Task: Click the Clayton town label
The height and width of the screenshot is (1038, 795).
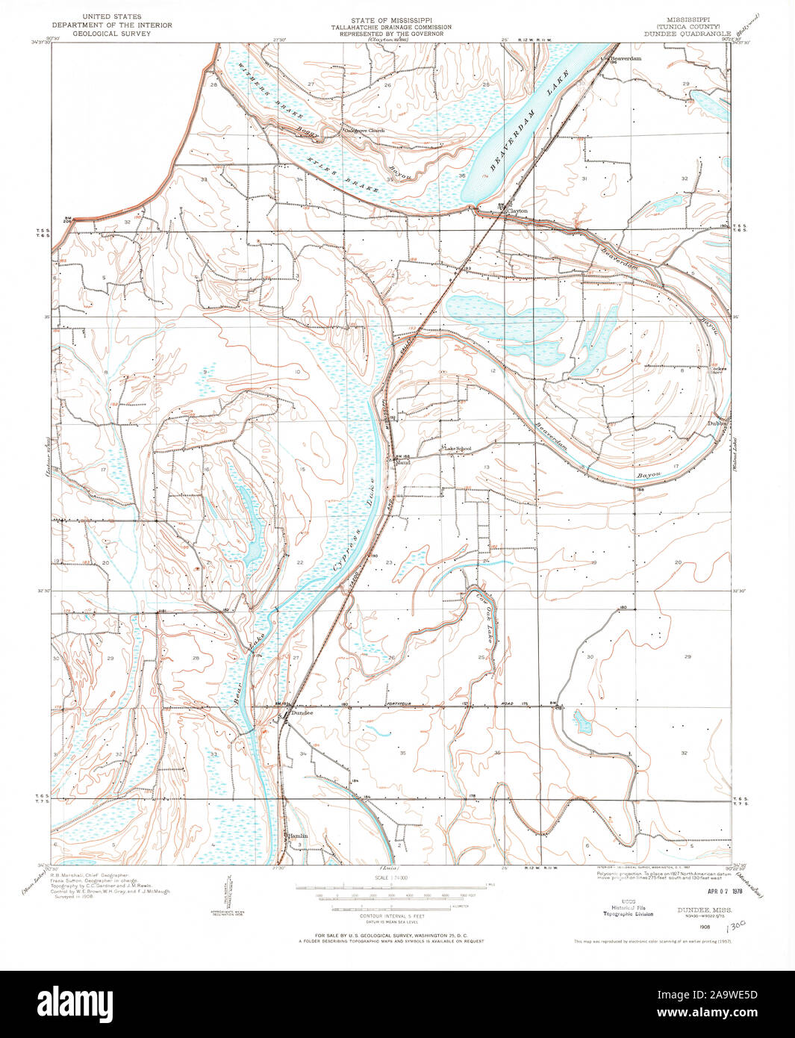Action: point(517,211)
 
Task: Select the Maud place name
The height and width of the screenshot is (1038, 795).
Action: point(404,462)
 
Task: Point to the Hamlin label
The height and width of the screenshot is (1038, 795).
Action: point(297,836)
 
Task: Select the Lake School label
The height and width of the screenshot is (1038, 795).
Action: point(458,448)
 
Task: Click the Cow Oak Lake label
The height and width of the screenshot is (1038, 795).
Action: point(481,617)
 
